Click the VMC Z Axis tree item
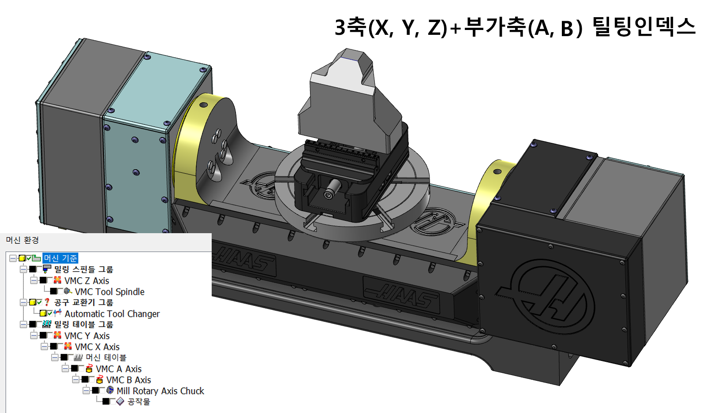(86, 281)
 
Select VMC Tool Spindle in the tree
(109, 292)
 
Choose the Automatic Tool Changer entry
(112, 314)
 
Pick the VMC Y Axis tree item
(87, 336)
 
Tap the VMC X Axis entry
(97, 347)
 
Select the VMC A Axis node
(119, 369)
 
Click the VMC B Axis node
(128, 380)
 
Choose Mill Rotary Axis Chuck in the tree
(160, 391)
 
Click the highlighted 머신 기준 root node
(60, 258)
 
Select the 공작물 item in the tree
(138, 402)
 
